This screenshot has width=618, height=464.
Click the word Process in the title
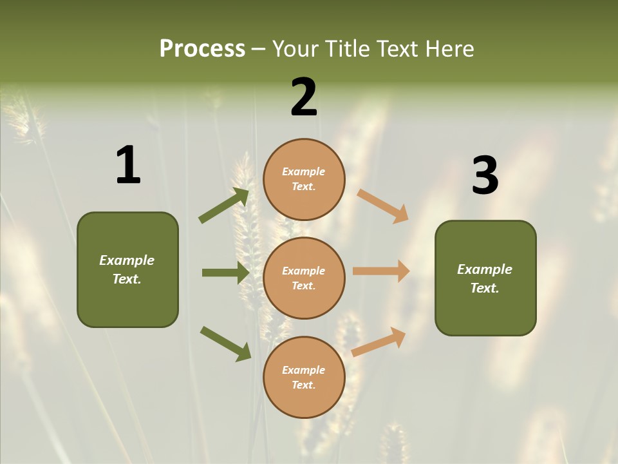click(202, 49)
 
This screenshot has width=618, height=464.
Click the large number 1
click(128, 166)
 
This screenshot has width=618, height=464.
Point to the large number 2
click(304, 97)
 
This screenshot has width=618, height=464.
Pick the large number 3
click(485, 176)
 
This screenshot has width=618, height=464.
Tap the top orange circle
click(304, 179)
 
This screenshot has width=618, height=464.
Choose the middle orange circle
click(304, 278)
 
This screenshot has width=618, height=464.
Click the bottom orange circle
click(304, 377)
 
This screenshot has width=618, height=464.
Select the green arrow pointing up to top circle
click(224, 206)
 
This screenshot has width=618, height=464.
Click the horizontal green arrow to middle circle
click(225, 273)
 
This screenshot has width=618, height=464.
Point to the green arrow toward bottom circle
click(225, 343)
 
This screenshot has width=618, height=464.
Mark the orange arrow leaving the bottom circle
click(379, 342)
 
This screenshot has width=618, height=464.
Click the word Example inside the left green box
click(127, 260)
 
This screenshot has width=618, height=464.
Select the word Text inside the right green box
click(483, 288)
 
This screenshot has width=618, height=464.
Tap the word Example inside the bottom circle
click(304, 370)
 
